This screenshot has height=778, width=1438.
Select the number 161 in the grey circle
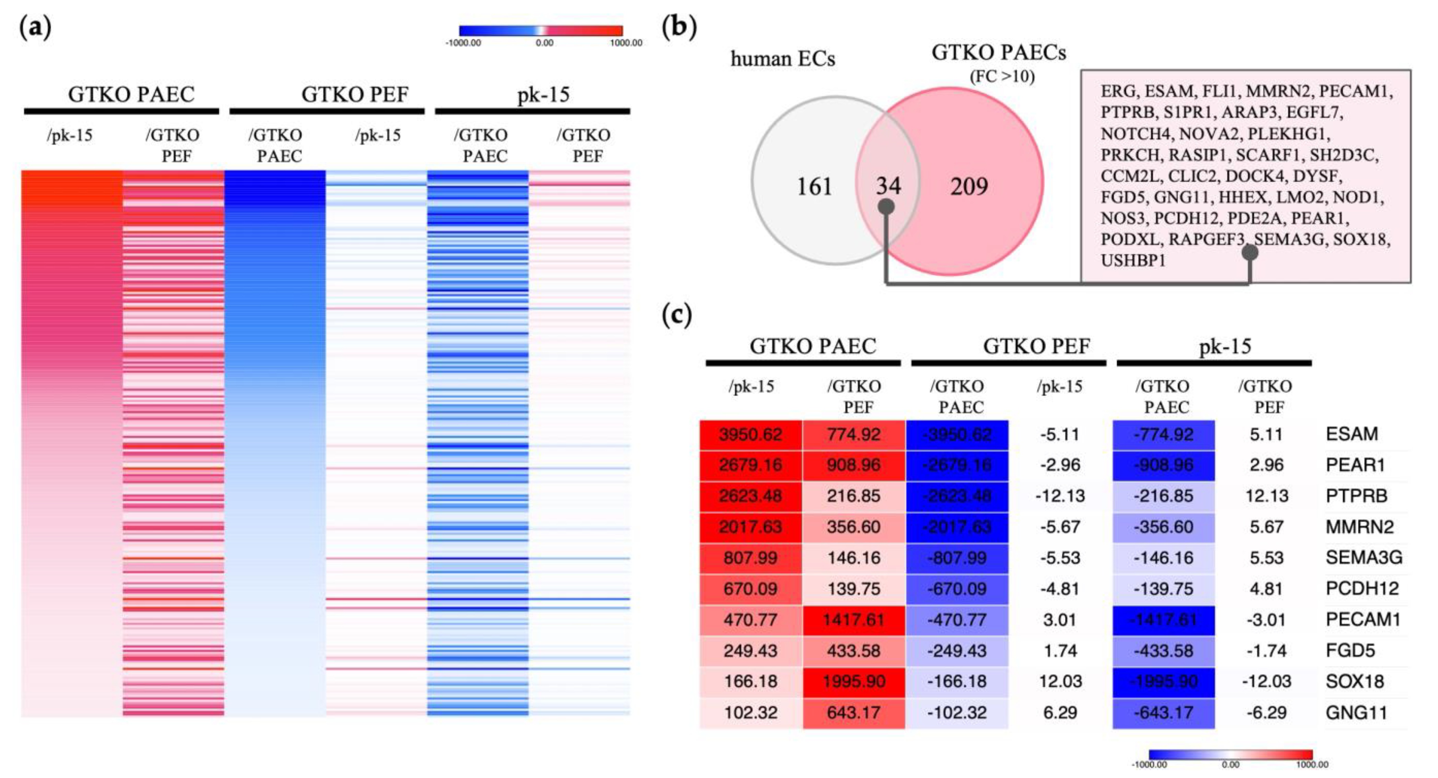click(814, 186)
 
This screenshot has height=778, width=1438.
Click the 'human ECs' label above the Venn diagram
click(783, 59)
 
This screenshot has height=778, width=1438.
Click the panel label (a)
click(35, 27)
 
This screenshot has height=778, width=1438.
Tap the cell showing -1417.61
click(1163, 620)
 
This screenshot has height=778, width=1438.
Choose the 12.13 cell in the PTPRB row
click(1267, 496)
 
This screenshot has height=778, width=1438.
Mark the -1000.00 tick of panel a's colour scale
click(463, 43)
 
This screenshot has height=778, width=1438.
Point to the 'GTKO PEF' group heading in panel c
click(1036, 347)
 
